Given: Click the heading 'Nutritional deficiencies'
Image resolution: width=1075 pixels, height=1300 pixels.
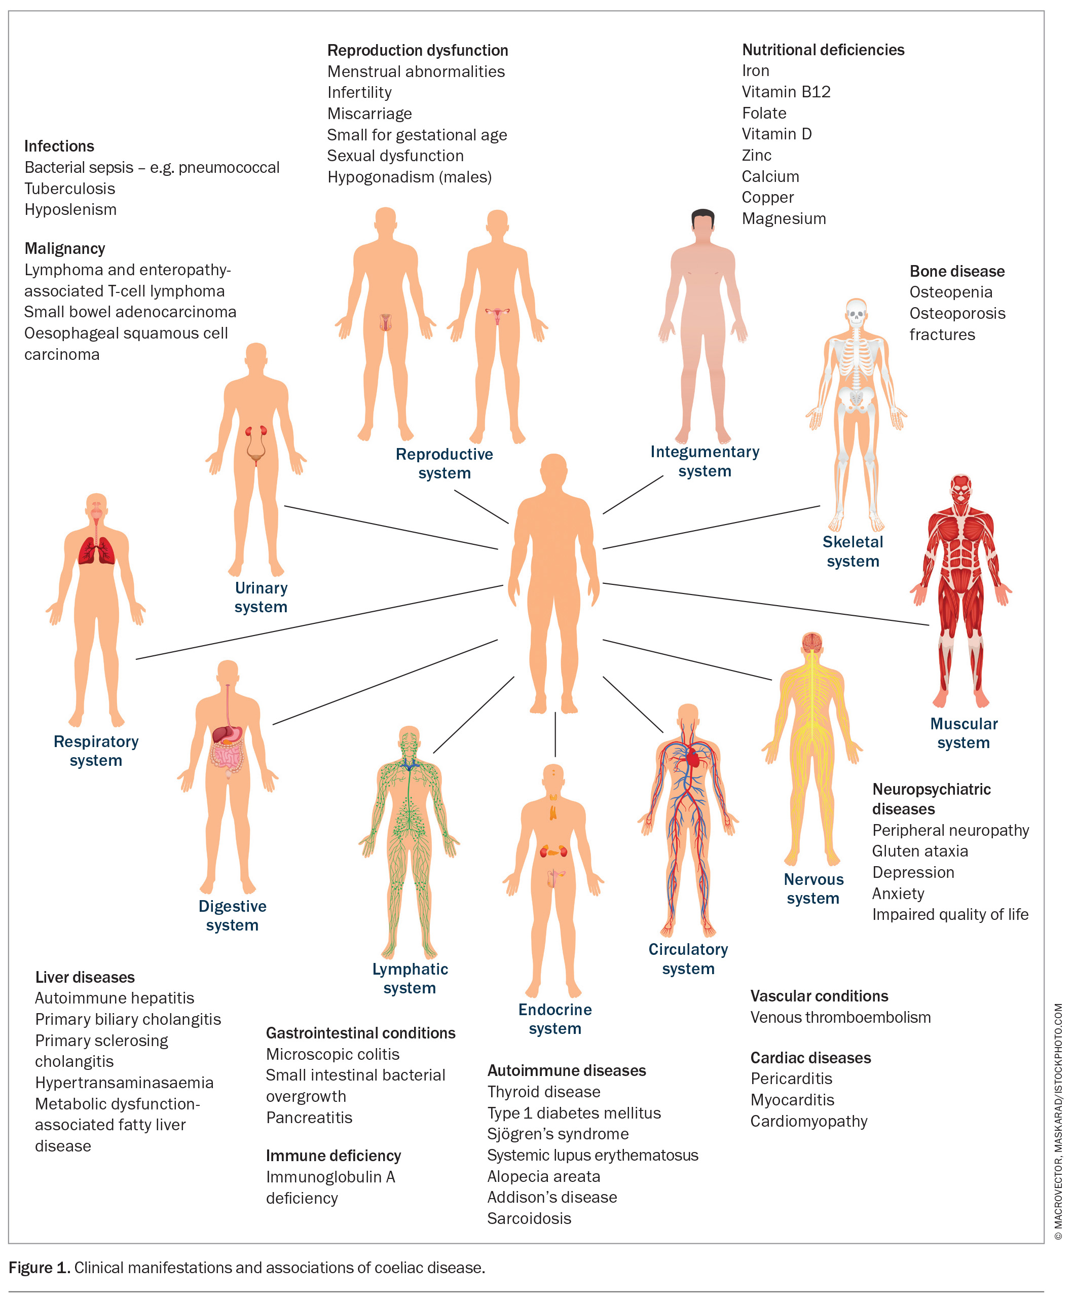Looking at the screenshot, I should pyautogui.click(x=823, y=50).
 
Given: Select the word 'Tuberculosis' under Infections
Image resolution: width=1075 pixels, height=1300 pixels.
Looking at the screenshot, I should pyautogui.click(x=70, y=189).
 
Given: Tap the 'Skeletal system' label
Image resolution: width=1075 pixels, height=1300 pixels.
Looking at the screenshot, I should pyautogui.click(x=852, y=551).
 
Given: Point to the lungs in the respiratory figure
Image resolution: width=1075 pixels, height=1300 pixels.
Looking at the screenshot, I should pyautogui.click(x=97, y=550).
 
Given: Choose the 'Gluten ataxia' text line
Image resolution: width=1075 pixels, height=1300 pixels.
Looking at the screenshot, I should pyautogui.click(x=919, y=851).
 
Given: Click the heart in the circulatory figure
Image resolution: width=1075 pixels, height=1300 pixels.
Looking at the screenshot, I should pyautogui.click(x=693, y=757).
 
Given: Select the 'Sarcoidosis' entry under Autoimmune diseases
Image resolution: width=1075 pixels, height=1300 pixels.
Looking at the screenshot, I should pyautogui.click(x=529, y=1218).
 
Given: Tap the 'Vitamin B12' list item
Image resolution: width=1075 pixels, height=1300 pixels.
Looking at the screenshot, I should pyautogui.click(x=786, y=92).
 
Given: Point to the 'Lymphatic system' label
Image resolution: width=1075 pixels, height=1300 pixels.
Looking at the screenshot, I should pyautogui.click(x=410, y=978).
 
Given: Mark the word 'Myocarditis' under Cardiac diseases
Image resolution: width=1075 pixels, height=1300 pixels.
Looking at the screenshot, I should pyautogui.click(x=792, y=1099).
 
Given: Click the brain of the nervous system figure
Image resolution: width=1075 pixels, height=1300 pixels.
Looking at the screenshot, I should pyautogui.click(x=812, y=643).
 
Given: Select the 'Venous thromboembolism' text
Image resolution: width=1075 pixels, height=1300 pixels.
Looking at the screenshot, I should pyautogui.click(x=840, y=1017).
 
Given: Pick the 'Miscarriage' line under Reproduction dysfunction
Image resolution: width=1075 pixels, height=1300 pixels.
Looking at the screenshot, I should pyautogui.click(x=369, y=114).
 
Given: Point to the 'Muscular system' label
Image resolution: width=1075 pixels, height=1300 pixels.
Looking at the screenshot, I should pyautogui.click(x=963, y=733).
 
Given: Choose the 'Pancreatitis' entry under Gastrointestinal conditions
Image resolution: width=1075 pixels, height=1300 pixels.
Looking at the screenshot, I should pyautogui.click(x=309, y=1118).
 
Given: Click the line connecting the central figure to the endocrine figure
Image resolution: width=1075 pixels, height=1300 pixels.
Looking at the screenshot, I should pyautogui.click(x=555, y=734).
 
